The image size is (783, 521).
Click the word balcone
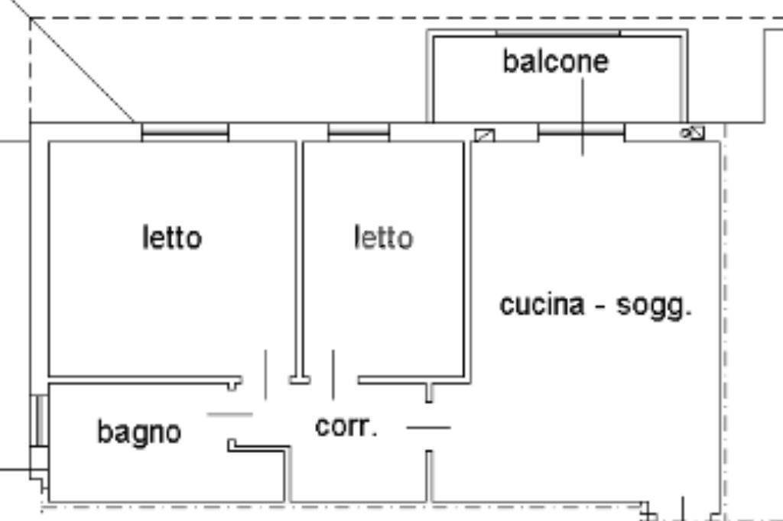556,61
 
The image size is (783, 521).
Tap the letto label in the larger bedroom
172,238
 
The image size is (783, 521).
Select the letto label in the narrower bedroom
383,238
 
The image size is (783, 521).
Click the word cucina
541,305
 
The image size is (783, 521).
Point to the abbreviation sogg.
654,306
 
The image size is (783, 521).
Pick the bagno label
139,432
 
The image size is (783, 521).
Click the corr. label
346,426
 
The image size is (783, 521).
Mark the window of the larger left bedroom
185,132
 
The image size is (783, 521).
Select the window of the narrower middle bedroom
359,132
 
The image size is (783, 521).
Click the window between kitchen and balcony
581,132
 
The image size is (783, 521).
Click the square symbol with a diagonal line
484,136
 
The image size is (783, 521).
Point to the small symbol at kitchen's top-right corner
693,133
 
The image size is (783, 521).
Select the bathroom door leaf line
230,415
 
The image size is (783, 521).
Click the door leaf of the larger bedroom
265,374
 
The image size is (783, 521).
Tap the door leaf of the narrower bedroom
333,374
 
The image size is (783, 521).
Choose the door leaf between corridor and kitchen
428,427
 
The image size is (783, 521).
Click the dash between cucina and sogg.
601,307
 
